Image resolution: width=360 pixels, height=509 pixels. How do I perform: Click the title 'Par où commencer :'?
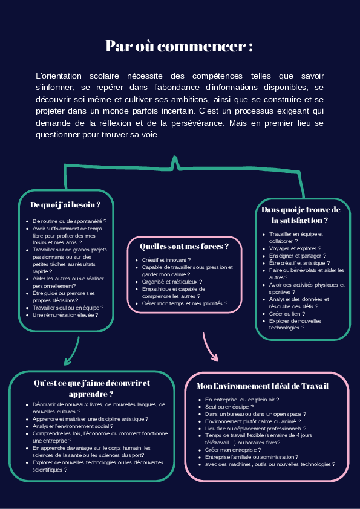[179, 46]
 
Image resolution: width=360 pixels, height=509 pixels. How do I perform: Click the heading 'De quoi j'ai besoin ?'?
[65, 205]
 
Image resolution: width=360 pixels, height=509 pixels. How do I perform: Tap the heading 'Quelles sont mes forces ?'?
[184, 247]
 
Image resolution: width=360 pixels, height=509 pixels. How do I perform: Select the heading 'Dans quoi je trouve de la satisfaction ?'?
[301, 215]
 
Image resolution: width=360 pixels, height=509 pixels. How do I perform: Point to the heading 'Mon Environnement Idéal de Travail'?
[263, 386]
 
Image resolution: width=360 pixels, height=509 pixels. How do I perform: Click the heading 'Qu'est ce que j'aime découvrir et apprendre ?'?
[91, 389]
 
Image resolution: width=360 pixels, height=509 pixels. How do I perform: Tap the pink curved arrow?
[209, 347]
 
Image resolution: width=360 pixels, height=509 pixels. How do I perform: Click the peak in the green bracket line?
[175, 157]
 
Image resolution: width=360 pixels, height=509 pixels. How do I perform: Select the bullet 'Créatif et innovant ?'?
[166, 260]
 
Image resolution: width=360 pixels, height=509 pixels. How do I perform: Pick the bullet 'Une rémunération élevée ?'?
[65, 315]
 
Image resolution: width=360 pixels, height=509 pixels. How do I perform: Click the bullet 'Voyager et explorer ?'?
[295, 248]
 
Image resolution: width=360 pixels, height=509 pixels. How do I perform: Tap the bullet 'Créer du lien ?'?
[287, 314]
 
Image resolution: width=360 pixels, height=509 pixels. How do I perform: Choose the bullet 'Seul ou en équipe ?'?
[229, 407]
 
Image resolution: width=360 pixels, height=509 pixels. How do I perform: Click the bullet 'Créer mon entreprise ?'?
[233, 450]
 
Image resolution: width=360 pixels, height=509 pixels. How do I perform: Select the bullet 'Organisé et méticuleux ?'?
[172, 282]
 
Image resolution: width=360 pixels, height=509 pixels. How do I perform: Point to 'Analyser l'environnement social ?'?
[73, 426]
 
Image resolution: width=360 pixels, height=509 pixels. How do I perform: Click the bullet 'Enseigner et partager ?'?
[298, 256]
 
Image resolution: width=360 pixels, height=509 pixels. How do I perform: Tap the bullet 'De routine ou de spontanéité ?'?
[70, 221]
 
